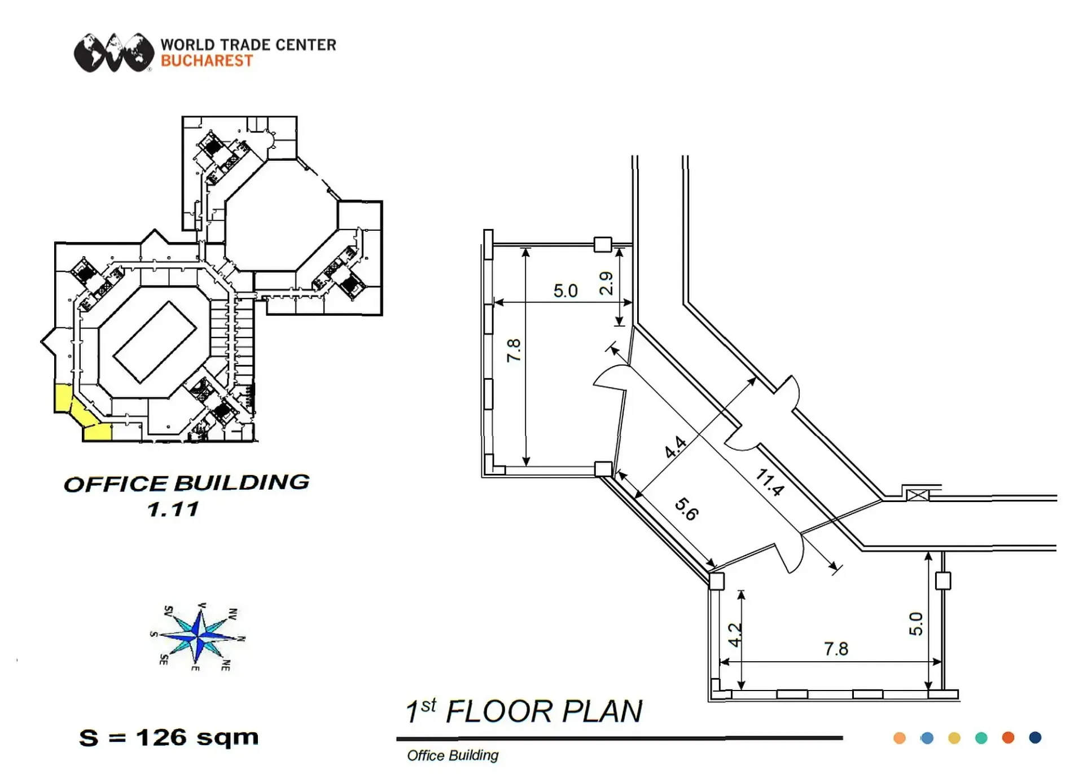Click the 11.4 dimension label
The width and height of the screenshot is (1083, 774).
[x=770, y=482]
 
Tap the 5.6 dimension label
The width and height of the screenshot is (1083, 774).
[x=687, y=509]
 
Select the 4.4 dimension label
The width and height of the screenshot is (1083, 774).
[x=675, y=447]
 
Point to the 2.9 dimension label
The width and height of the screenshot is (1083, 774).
[x=606, y=283]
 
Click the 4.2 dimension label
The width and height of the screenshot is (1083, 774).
[x=734, y=635]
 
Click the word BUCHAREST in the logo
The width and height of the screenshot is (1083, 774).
[x=207, y=61]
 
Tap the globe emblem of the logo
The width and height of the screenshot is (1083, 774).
[x=114, y=52]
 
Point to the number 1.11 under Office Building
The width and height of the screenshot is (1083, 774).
[x=173, y=509]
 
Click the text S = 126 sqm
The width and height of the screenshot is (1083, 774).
[x=169, y=737]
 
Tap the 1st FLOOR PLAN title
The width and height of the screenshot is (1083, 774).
[x=524, y=711]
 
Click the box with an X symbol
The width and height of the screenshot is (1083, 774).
[x=917, y=495]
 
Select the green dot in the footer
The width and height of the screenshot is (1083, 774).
[x=981, y=738]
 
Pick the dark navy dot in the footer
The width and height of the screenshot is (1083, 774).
[x=1035, y=738]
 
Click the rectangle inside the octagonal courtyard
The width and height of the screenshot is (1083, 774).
[x=155, y=342]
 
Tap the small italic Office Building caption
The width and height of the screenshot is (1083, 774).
[x=453, y=755]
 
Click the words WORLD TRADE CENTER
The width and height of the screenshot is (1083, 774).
[x=248, y=45]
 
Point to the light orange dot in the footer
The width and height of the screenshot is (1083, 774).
[x=900, y=738]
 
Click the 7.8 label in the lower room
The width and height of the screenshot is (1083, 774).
[x=836, y=649]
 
